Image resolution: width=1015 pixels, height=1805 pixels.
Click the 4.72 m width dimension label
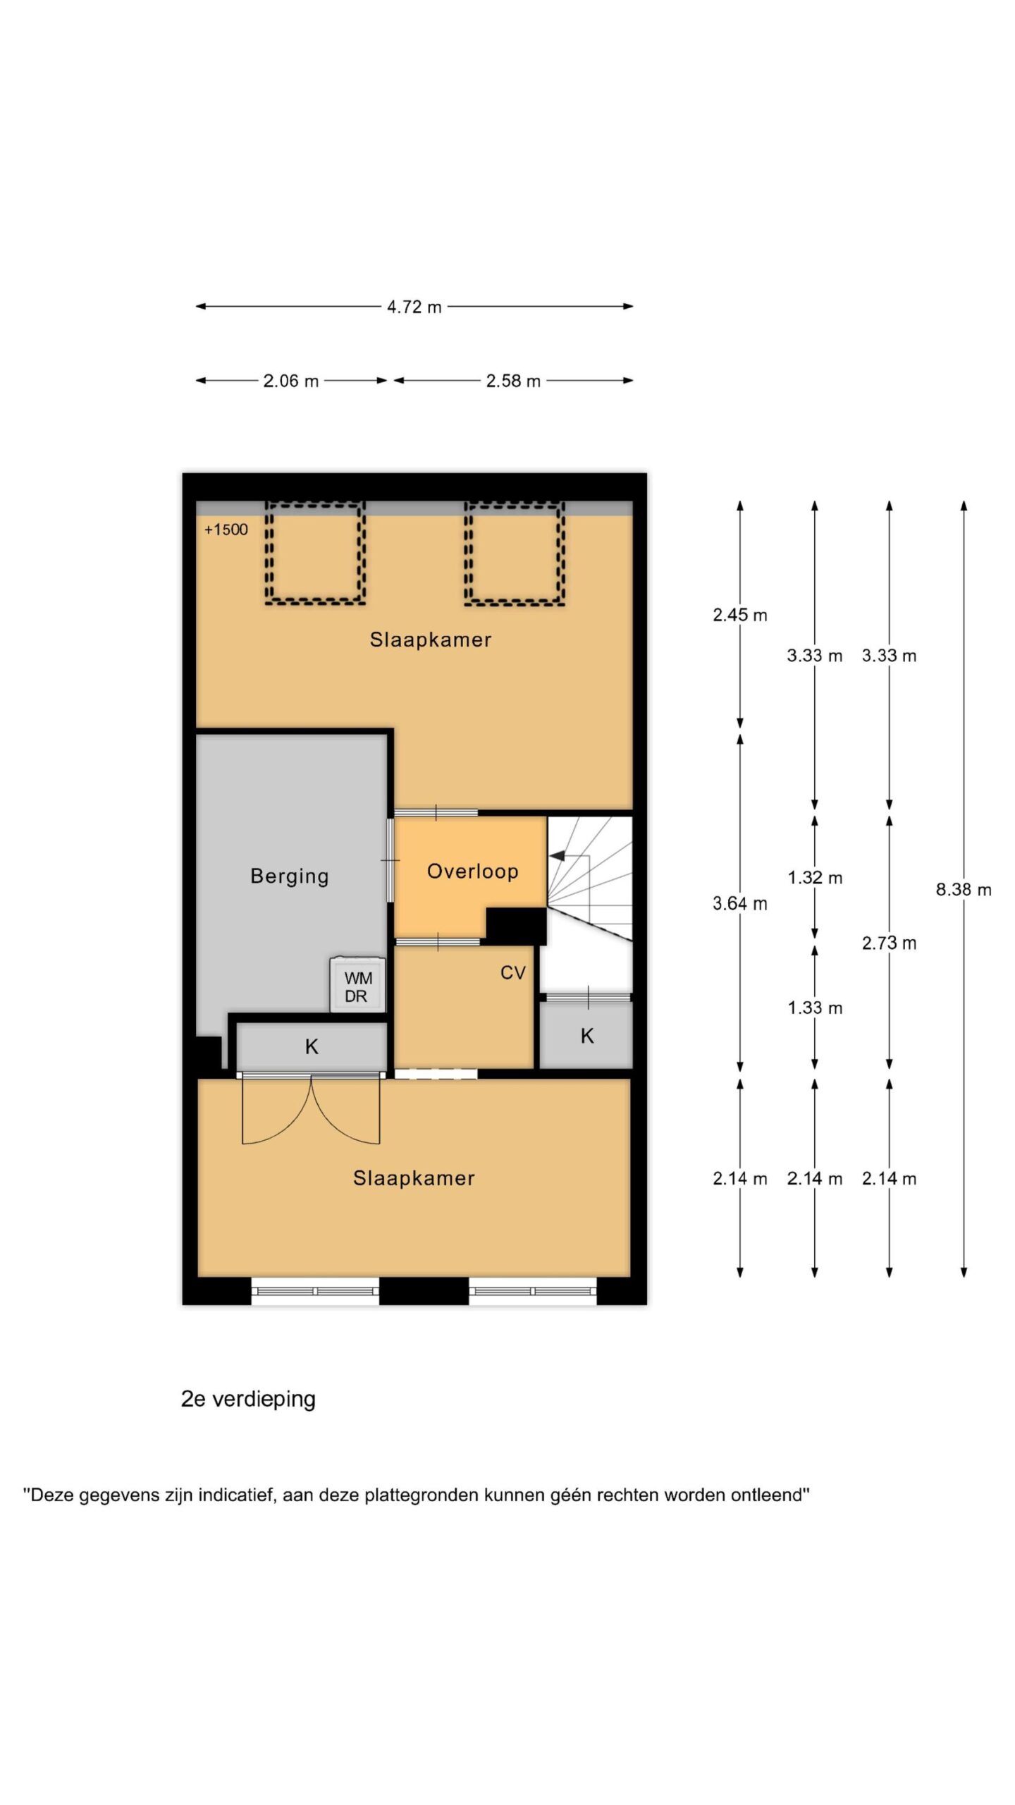pos(414,307)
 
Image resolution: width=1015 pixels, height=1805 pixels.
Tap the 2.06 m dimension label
pos(290,381)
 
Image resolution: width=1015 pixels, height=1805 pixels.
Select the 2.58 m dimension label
pos(513,381)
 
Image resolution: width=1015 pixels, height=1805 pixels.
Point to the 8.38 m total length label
pos(964,890)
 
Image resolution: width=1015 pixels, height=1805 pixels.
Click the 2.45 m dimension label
pos(739,615)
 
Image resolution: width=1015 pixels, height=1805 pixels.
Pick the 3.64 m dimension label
pos(739,903)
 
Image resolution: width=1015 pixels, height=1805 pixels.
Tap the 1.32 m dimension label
pos(815,878)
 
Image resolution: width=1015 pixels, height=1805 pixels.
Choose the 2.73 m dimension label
pos(889,943)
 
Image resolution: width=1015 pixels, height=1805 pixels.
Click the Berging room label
pos(290,876)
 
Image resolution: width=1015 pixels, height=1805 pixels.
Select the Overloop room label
pos(473,871)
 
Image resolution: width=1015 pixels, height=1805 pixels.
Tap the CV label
pos(513,973)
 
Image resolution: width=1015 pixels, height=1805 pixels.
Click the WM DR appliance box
pos(358,985)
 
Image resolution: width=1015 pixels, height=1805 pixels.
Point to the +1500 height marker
pos(226,530)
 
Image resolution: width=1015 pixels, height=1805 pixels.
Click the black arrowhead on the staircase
pos(557,856)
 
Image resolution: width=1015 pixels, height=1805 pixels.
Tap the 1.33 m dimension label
pos(815,1008)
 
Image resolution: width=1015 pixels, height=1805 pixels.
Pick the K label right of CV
pos(587,1036)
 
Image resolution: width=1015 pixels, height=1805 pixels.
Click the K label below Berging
pos(312,1047)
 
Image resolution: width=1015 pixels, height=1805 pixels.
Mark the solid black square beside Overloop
pos(516,925)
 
